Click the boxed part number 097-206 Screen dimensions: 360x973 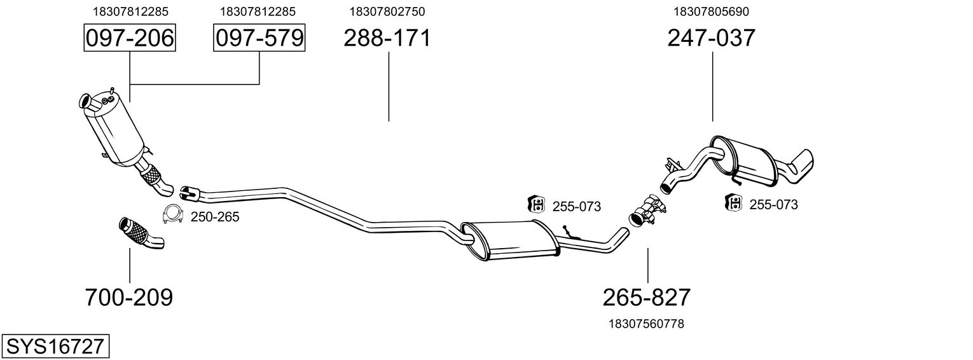pos(129,38)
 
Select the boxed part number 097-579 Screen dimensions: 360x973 pos(259,38)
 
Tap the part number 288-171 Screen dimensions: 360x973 pos(387,38)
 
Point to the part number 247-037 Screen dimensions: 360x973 pos(711,38)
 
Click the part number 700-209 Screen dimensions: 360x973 pos(129,297)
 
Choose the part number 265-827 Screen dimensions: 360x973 pos(647,297)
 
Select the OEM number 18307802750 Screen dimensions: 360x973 pos(387,11)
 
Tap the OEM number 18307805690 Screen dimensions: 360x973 pos(712,11)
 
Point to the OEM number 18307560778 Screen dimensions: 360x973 pos(647,324)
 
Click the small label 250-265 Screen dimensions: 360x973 pos(215,218)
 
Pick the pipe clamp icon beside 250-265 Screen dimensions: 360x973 pos(172,216)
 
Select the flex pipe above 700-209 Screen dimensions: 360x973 pos(140,233)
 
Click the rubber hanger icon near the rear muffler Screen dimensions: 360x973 pos(734,204)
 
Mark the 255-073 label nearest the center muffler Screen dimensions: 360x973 pos(576,206)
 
